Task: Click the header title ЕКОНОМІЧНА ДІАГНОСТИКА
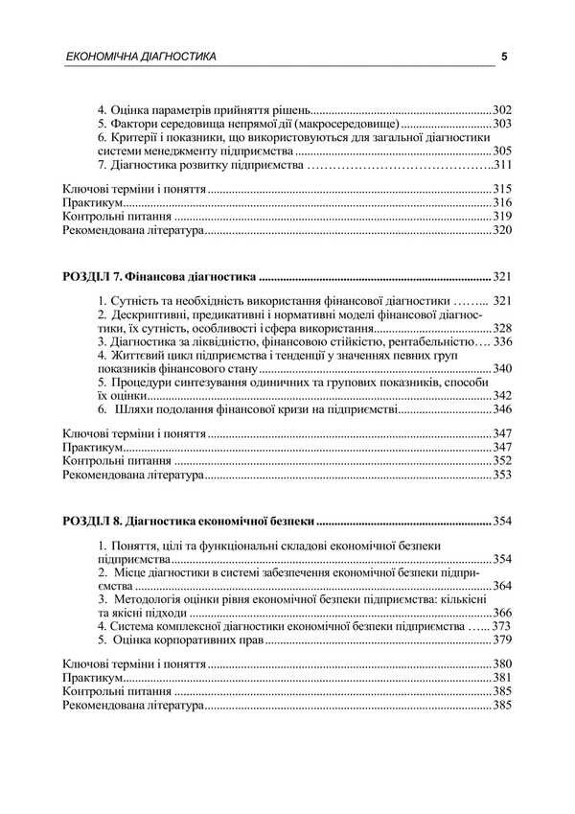click(140, 57)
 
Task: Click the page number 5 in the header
click(504, 57)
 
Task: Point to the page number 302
click(502, 110)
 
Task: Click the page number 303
click(502, 125)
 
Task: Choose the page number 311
click(502, 165)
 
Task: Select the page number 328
click(502, 328)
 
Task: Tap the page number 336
click(502, 341)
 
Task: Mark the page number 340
click(502, 369)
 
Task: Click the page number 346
click(502, 409)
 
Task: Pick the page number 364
click(502, 586)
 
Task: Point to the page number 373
click(502, 626)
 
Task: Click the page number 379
click(502, 640)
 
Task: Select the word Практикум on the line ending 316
click(92, 204)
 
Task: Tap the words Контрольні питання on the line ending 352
click(110, 461)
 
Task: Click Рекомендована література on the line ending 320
click(133, 231)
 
